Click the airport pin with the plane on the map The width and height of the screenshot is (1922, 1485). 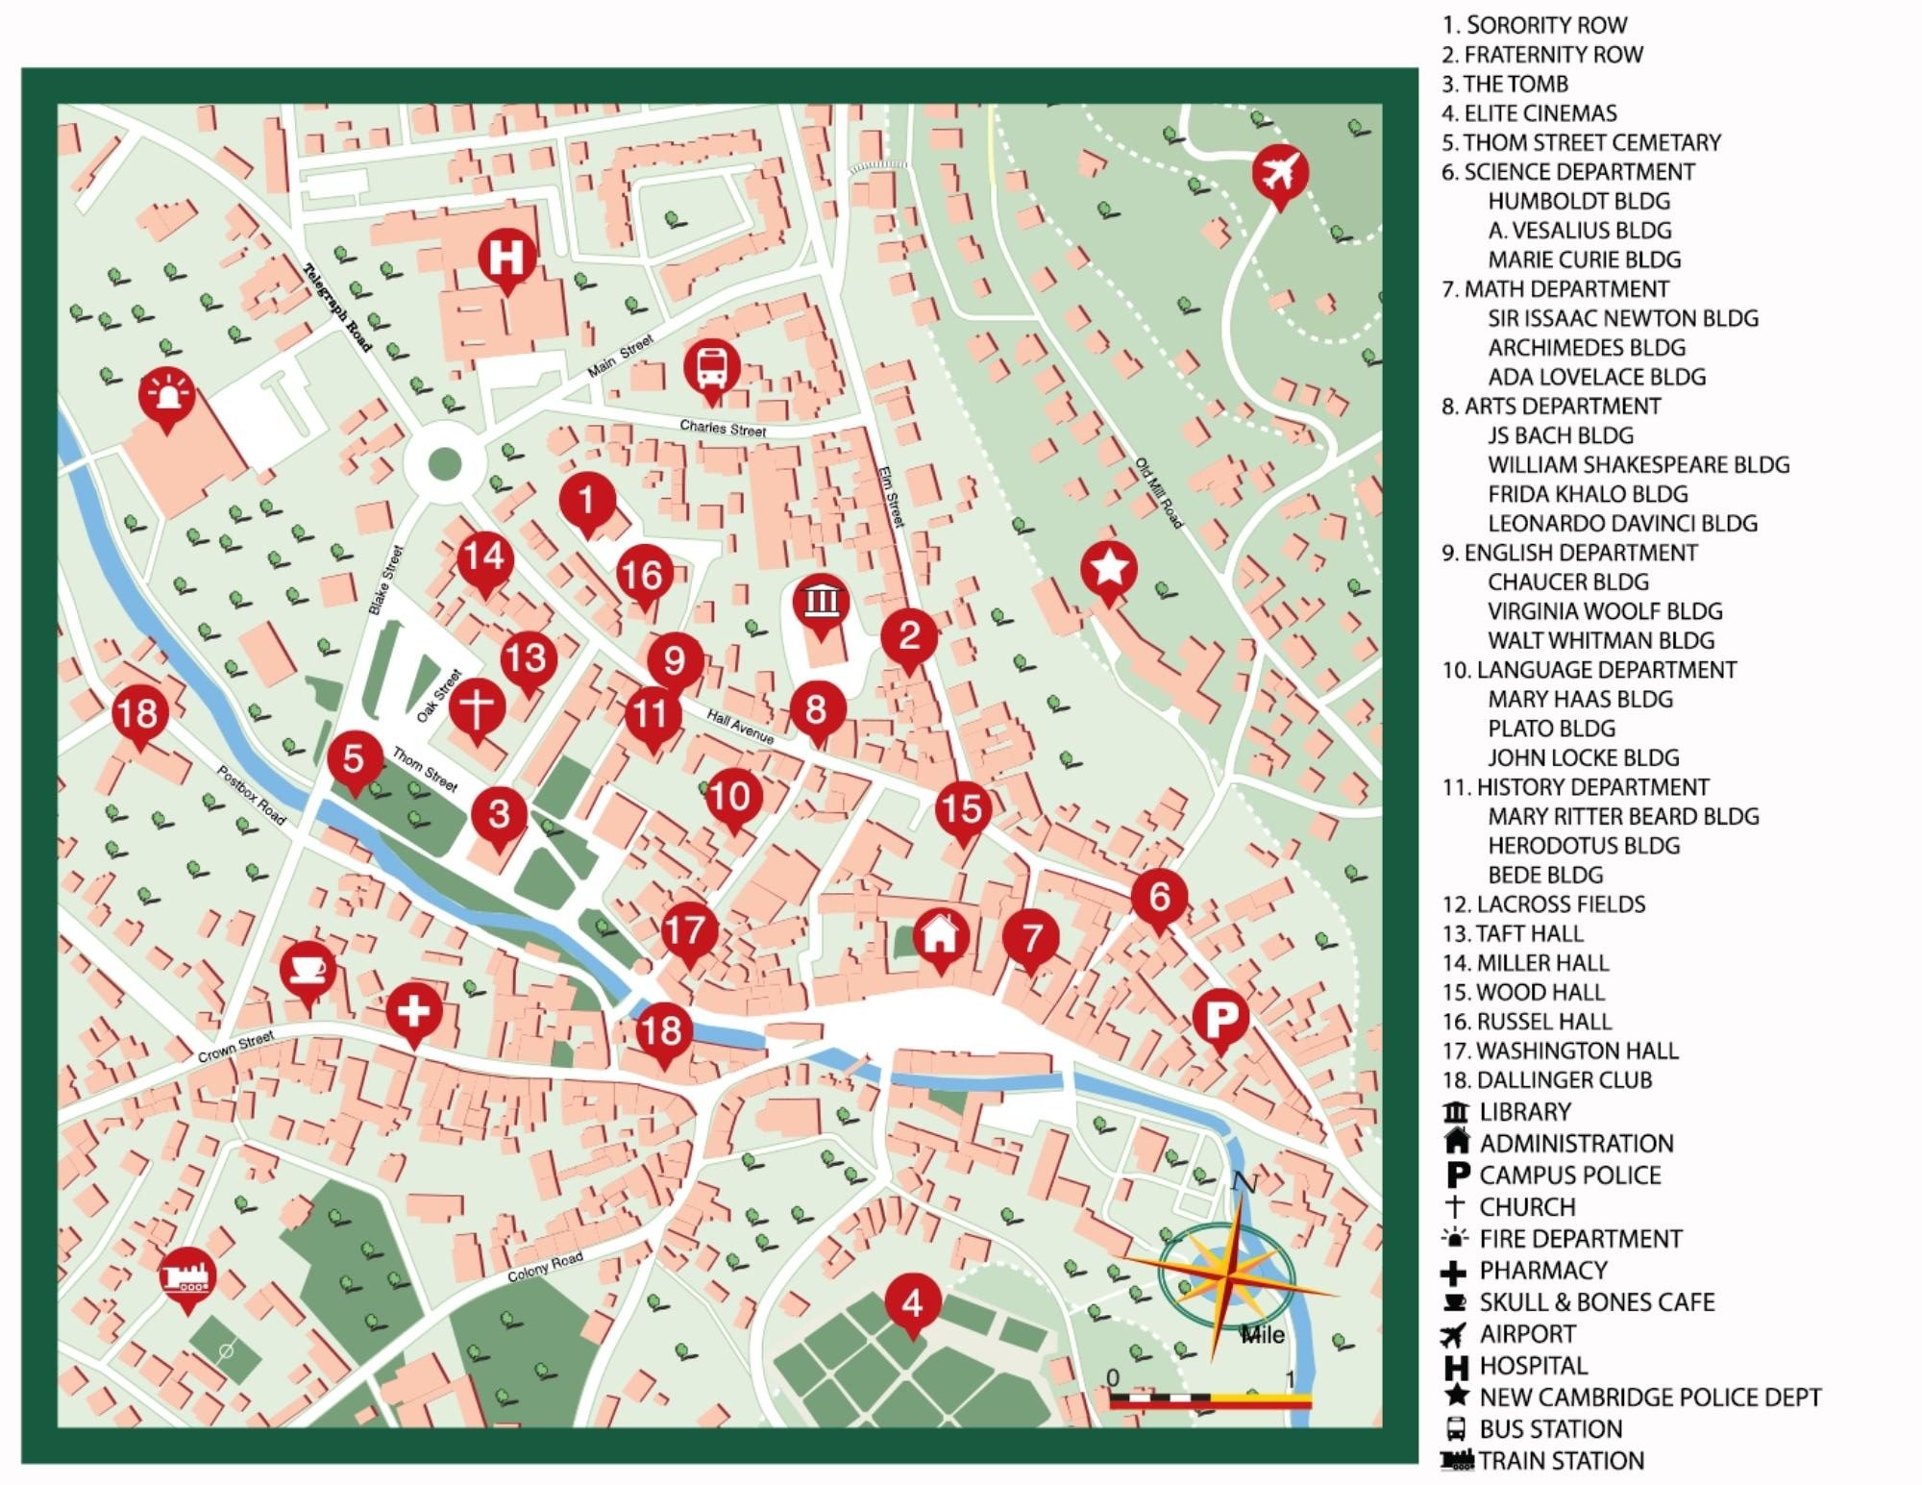pyautogui.click(x=1280, y=174)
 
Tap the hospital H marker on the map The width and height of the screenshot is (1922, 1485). pyautogui.click(x=506, y=257)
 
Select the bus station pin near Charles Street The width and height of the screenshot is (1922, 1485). pyautogui.click(x=712, y=367)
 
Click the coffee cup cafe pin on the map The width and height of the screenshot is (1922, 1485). pyautogui.click(x=308, y=969)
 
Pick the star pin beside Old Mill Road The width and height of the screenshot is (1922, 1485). pyautogui.click(x=1109, y=569)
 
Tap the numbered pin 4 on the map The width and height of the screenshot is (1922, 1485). pyautogui.click(x=912, y=1302)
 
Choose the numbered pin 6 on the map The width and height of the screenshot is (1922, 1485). pyautogui.click(x=1159, y=896)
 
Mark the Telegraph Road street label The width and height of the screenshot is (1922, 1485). pyautogui.click(x=338, y=307)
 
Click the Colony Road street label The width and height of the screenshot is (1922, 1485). pyautogui.click(x=545, y=1268)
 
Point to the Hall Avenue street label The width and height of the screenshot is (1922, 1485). pyautogui.click(x=740, y=727)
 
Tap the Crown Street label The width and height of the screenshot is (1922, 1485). pyautogui.click(x=236, y=1046)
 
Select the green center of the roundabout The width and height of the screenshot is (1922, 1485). pyautogui.click(x=443, y=463)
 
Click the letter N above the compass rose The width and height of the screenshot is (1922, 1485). pyautogui.click(x=1244, y=1182)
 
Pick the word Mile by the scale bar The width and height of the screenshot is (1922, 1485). pyautogui.click(x=1263, y=1334)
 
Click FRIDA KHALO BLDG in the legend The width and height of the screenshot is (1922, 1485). pyautogui.click(x=1588, y=494)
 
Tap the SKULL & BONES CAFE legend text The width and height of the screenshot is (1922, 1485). pyautogui.click(x=1596, y=1302)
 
